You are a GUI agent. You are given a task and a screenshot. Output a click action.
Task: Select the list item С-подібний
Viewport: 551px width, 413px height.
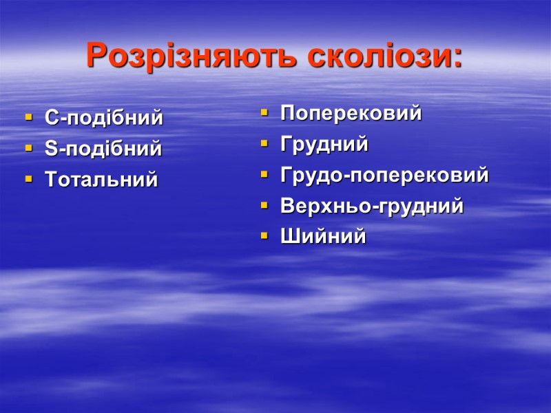coord(104,118)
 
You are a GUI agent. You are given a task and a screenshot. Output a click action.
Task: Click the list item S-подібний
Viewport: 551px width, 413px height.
coord(103,149)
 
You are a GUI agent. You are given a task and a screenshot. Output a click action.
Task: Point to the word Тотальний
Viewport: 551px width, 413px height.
coord(101,180)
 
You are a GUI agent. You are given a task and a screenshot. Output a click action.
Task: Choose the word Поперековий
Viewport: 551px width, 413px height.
coord(351,114)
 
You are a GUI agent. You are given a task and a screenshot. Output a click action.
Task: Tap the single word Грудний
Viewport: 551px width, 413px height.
coord(324,145)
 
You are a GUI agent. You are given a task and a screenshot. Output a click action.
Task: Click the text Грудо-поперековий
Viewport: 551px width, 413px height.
coord(384,176)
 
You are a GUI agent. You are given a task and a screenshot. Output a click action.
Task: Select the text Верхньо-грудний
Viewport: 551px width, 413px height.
coord(372,206)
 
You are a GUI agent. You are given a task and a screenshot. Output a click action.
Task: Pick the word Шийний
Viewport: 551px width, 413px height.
coord(323,237)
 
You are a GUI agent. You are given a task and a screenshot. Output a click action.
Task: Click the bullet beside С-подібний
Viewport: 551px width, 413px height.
coord(28,118)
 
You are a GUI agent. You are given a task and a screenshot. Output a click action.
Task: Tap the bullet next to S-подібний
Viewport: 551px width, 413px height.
coord(28,149)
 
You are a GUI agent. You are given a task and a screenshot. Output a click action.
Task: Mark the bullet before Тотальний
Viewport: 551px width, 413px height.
coord(28,180)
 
